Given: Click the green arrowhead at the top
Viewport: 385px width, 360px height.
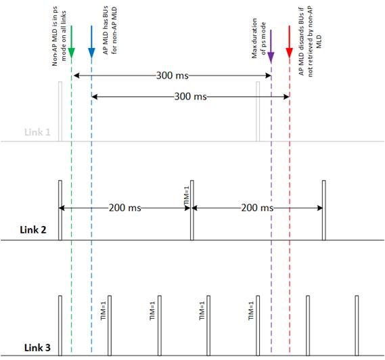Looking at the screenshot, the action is [x=71, y=53].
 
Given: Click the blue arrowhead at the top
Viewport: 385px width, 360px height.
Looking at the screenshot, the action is [x=91, y=53].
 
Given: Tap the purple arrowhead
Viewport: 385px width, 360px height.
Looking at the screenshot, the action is [x=271, y=57].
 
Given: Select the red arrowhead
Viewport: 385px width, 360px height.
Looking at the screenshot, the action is [x=289, y=53].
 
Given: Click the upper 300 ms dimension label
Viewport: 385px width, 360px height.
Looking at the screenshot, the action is [x=173, y=75].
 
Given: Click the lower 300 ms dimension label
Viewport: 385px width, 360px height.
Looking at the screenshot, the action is [x=191, y=97].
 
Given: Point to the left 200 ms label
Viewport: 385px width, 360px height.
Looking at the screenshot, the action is [x=125, y=208].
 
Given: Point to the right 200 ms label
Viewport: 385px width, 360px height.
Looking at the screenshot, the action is [x=257, y=208].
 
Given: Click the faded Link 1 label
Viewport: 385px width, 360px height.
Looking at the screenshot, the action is [x=37, y=132].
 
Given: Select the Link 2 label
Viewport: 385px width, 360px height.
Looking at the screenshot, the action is [x=33, y=230].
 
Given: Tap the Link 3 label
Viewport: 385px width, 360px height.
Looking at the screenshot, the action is [x=37, y=348].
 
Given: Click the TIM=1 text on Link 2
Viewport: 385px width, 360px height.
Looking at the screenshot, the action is [x=187, y=196].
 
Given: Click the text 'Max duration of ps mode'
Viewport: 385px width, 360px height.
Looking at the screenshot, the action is [x=258, y=38].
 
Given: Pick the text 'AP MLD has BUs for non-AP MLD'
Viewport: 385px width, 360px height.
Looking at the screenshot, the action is [x=110, y=30].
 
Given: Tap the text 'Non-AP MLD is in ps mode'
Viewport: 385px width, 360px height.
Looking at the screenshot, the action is [x=59, y=36].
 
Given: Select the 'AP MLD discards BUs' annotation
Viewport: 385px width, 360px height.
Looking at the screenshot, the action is [x=310, y=41].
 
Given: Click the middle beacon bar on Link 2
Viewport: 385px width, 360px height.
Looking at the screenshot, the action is [x=192, y=210].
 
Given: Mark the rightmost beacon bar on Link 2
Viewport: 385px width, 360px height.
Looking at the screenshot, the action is [x=324, y=210].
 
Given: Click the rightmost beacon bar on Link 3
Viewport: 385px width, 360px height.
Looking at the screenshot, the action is [x=357, y=325].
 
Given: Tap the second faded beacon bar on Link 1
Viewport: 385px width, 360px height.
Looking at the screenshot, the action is [x=258, y=112].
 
